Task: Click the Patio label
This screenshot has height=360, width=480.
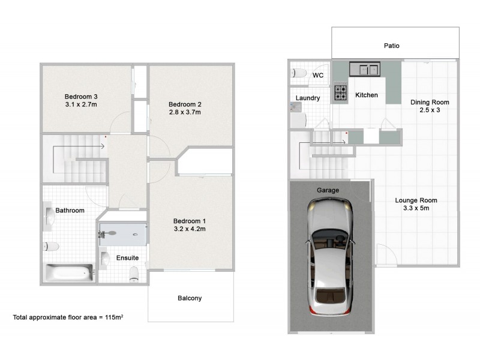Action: (392, 46)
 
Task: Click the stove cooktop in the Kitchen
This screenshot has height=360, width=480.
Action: (341, 92)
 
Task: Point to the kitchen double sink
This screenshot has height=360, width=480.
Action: (365, 70)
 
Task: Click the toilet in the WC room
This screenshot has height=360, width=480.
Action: (299, 73)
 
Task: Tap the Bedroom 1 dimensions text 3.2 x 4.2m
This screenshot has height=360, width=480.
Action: (190, 229)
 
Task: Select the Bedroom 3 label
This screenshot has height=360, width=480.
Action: (82, 97)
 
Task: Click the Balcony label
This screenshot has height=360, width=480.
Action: (190, 298)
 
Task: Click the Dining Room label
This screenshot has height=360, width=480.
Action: (430, 102)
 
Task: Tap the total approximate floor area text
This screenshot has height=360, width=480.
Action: (68, 316)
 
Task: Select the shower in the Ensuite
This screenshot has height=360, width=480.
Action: (122, 234)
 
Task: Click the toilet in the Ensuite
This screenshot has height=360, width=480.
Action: (134, 274)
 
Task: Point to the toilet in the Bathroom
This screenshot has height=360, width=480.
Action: (51, 246)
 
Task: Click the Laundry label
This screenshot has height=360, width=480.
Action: (308, 98)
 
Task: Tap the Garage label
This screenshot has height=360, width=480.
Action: (328, 190)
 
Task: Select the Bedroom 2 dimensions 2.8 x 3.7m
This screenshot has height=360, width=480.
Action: (184, 112)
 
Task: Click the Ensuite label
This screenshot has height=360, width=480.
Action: (128, 258)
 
